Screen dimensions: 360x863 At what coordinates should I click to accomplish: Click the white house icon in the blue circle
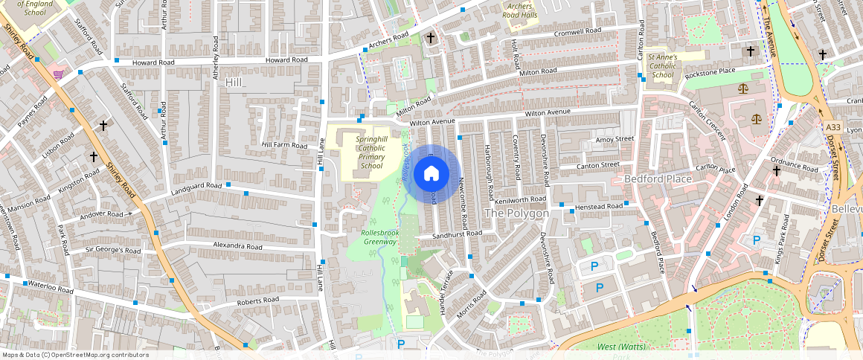431,174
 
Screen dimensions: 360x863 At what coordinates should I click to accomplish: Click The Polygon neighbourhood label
516,213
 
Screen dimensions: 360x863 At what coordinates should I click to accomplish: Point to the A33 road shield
834,128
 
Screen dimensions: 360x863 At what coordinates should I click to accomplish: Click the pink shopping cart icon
58,74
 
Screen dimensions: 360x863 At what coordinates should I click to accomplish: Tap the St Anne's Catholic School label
663,65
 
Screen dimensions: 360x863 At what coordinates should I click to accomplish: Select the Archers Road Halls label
519,10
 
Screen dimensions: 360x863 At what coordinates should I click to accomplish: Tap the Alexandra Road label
237,245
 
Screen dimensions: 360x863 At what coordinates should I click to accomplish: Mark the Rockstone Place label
710,71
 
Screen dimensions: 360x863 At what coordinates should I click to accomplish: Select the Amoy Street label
614,139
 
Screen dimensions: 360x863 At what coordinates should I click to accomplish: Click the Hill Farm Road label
283,146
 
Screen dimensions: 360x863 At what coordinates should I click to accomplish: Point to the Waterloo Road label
50,286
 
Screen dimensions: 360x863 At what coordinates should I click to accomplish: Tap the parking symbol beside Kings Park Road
757,240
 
